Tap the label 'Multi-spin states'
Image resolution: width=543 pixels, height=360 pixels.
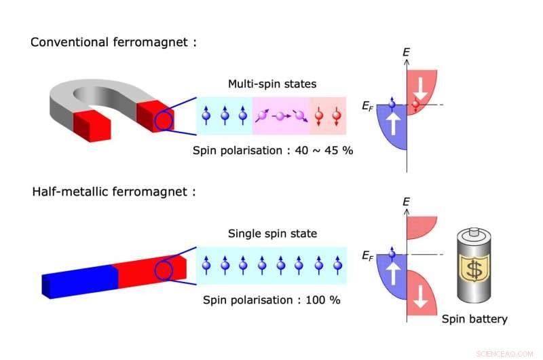[x=271, y=84]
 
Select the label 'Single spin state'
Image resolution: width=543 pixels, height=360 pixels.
[x=271, y=234]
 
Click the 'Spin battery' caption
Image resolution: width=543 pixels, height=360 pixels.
[x=474, y=319]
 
